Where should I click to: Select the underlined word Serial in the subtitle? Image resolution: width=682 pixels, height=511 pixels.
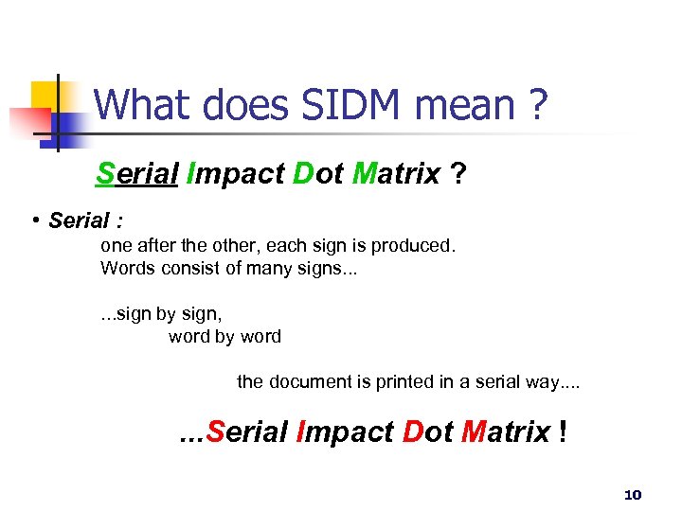tap(137, 174)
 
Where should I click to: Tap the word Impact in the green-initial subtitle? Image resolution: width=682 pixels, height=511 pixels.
tap(237, 174)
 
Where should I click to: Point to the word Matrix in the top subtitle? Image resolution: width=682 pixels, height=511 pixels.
tap(396, 174)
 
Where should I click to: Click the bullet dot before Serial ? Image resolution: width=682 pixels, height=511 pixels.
tap(34, 220)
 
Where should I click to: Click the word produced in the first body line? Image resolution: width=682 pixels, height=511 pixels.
tap(413, 246)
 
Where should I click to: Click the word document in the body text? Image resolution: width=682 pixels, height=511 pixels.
tap(312, 382)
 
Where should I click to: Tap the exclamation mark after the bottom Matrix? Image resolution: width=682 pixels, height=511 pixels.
tap(565, 432)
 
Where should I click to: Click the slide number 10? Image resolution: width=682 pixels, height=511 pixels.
tap(633, 495)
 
